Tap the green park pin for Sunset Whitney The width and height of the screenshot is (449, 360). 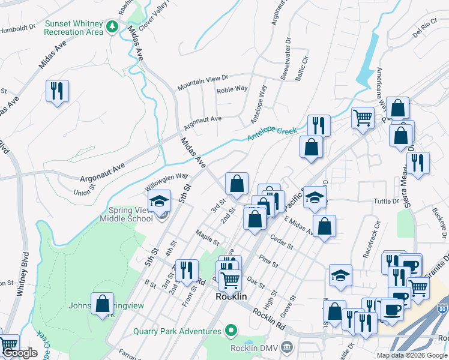pyautogui.click(x=112, y=27)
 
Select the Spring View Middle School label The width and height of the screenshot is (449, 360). pyautogui.click(x=131, y=214)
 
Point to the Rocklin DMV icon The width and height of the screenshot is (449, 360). pyautogui.click(x=288, y=347)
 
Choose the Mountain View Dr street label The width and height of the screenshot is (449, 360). pyautogui.click(x=203, y=83)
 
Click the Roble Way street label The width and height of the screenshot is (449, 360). pyautogui.click(x=232, y=89)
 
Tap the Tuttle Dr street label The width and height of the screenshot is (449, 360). pyautogui.click(x=387, y=201)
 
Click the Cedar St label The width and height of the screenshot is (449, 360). pyautogui.click(x=282, y=245)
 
